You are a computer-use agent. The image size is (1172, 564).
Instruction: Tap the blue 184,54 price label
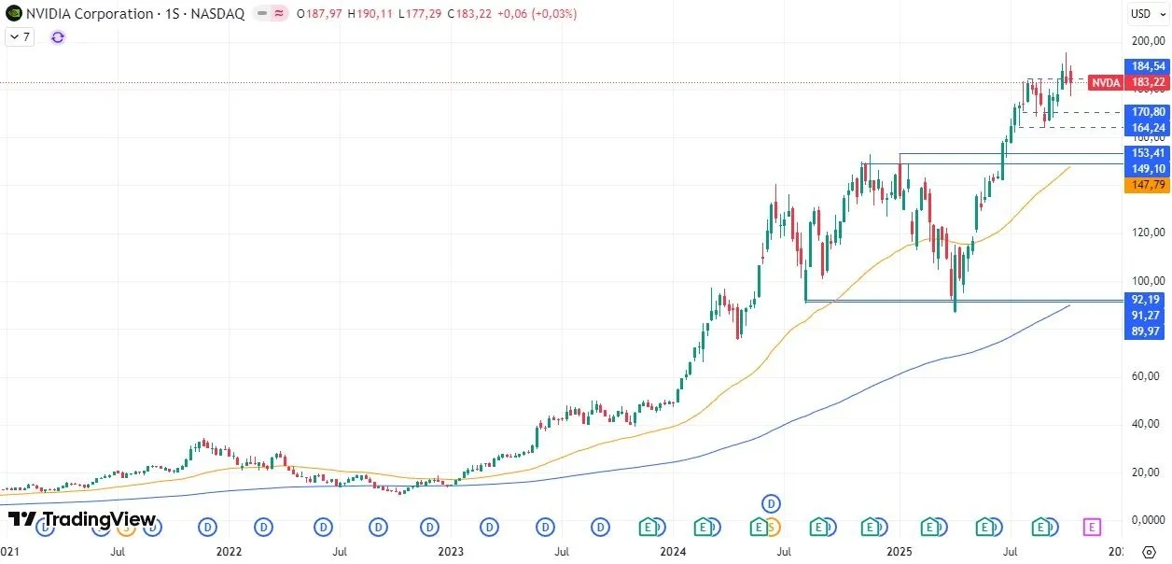(x=1147, y=66)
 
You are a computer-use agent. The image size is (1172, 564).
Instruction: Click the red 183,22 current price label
(x=1147, y=82)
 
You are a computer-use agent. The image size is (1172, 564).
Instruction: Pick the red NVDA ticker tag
(x=1106, y=82)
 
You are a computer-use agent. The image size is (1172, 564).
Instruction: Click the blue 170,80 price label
(x=1147, y=112)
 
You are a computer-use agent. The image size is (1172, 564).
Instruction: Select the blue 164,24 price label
(x=1147, y=128)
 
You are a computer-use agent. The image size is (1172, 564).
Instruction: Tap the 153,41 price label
(x=1147, y=153)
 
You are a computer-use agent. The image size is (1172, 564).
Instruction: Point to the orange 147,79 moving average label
(x=1147, y=185)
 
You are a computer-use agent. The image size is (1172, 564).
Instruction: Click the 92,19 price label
(x=1147, y=300)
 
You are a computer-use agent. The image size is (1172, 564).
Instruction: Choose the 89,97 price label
(x=1147, y=331)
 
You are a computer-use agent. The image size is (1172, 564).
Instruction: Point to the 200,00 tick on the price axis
(x=1147, y=41)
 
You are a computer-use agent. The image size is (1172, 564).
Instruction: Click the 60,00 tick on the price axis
(x=1147, y=376)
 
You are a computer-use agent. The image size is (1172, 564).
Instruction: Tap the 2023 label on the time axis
(x=451, y=552)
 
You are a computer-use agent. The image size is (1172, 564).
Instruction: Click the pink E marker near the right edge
(x=1092, y=528)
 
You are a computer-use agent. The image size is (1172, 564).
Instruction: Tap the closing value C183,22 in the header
(x=473, y=14)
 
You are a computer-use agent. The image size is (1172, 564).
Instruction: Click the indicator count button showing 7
(x=20, y=36)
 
